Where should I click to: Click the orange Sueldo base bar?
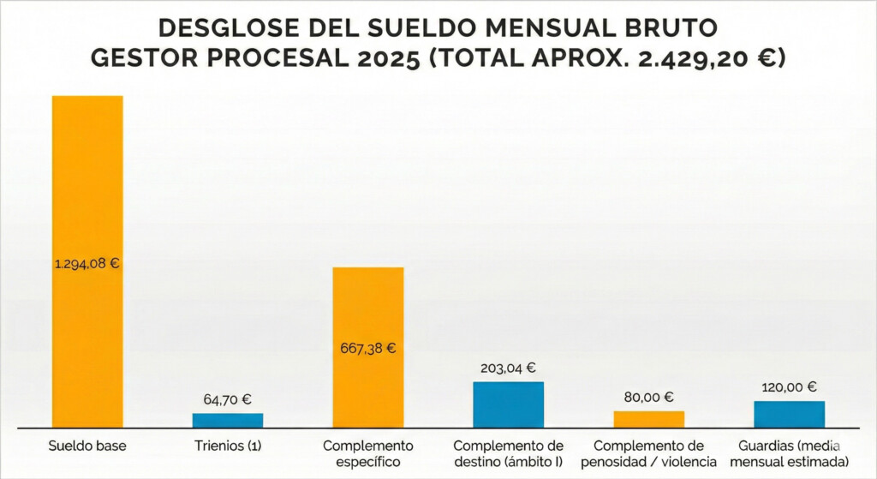pos(87,171)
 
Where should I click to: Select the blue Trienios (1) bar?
pos(228,420)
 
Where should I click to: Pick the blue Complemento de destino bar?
pos(509,404)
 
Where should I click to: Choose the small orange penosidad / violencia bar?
pos(649,419)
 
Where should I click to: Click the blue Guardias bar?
pos(790,414)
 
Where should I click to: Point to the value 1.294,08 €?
pos(87,263)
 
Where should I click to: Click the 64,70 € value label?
pos(228,398)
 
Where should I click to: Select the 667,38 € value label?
pos(368,349)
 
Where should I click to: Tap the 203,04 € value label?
pos(509,368)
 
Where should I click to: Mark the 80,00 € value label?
pos(649,397)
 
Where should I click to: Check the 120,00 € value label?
pos(790,386)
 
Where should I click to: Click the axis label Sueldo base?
pos(87,446)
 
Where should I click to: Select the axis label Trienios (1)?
pos(228,446)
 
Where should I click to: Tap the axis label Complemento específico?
pos(368,454)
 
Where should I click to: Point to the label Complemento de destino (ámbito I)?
pos(509,454)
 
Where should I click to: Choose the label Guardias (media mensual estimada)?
pos(790,454)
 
